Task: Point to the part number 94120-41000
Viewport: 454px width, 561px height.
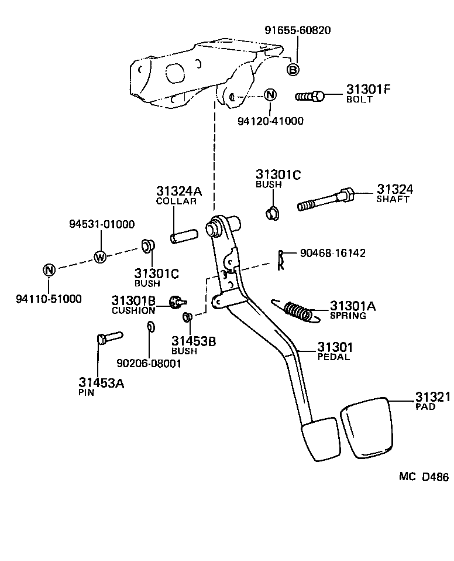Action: [x=270, y=121]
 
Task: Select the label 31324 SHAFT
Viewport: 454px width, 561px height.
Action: [x=394, y=193]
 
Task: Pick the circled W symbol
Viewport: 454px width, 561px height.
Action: [x=101, y=256]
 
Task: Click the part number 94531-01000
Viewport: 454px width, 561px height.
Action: [x=101, y=224]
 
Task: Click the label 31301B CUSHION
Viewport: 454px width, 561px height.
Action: [x=133, y=305]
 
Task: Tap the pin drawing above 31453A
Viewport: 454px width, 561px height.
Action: [x=108, y=338]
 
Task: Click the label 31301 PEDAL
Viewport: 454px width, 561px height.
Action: [x=335, y=351]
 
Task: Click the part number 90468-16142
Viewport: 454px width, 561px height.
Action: [x=332, y=253]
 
